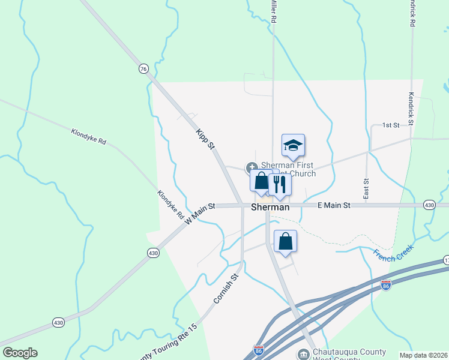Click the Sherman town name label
(270, 207)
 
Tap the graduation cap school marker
(293, 146)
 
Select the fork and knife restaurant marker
(279, 184)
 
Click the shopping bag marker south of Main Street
(286, 241)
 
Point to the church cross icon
(252, 167)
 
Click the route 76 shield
(142, 69)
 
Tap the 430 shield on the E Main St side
(429, 205)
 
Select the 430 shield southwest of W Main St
(153, 253)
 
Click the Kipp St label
(205, 139)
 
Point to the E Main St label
(334, 205)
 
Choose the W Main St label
(200, 214)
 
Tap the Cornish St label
(226, 288)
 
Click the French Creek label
(393, 255)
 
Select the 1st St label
(391, 125)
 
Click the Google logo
(20, 353)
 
